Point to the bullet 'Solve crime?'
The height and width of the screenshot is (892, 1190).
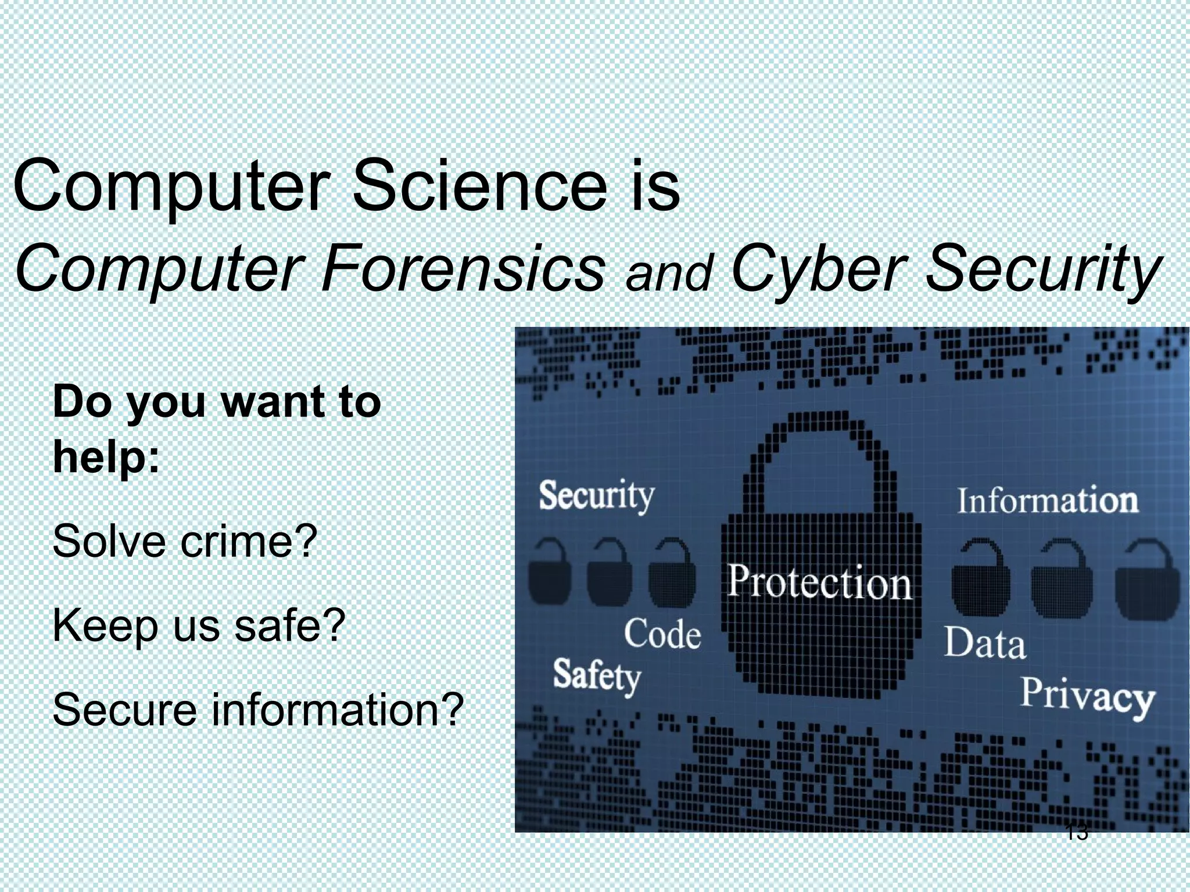(x=185, y=541)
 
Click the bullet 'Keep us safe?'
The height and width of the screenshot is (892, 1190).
(x=199, y=626)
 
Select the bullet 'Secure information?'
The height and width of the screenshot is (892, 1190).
(x=258, y=710)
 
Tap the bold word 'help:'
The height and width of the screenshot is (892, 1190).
(x=106, y=457)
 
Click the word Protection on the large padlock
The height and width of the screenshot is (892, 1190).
(x=819, y=582)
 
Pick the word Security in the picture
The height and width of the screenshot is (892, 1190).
(x=596, y=497)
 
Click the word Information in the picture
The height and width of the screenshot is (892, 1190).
(x=1047, y=501)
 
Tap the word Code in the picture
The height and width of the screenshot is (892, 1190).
(x=662, y=634)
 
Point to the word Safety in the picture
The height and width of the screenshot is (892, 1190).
(x=596, y=677)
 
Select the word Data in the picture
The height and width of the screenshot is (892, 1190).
(x=984, y=643)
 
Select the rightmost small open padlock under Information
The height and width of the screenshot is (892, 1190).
(x=1147, y=581)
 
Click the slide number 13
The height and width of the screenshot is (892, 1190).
(x=1077, y=832)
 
